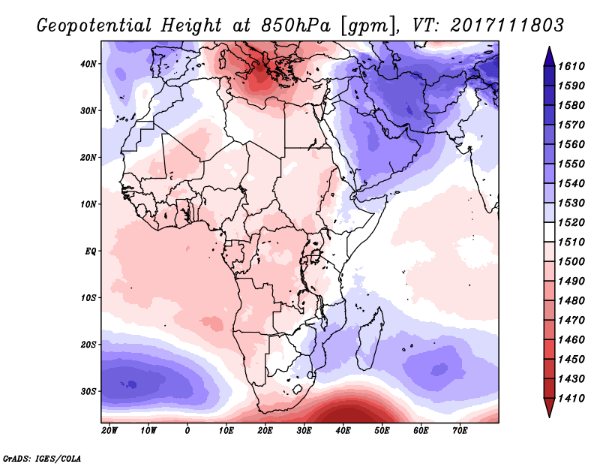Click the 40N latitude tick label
(89, 64)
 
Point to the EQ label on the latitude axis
(91, 251)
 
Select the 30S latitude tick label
(89, 391)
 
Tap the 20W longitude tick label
(109, 430)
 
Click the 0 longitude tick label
(187, 430)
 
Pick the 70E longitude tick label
(460, 430)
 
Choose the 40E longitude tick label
(343, 430)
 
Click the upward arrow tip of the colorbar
(549, 50)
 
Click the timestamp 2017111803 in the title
(508, 25)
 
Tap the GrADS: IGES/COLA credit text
(41, 456)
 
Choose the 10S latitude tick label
(89, 297)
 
